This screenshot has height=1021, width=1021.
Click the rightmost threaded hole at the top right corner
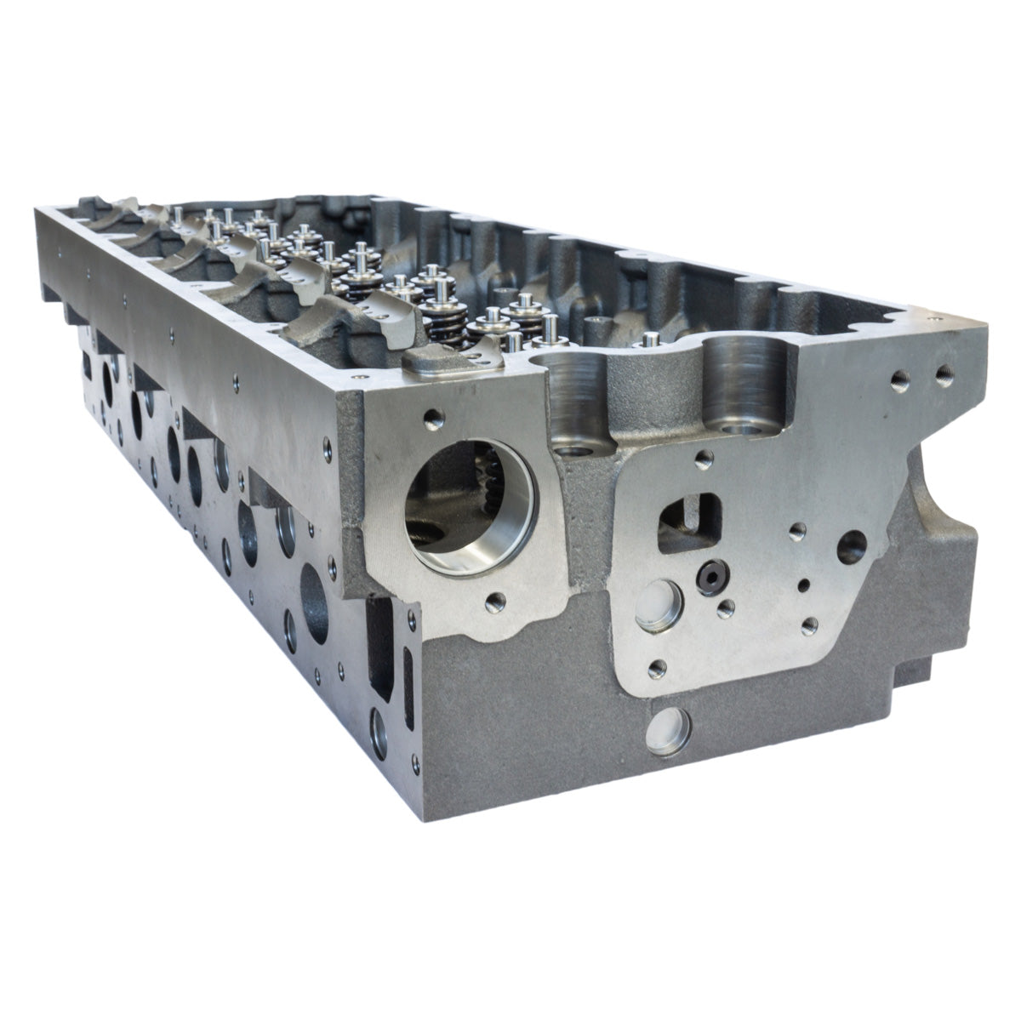coord(943,372)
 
